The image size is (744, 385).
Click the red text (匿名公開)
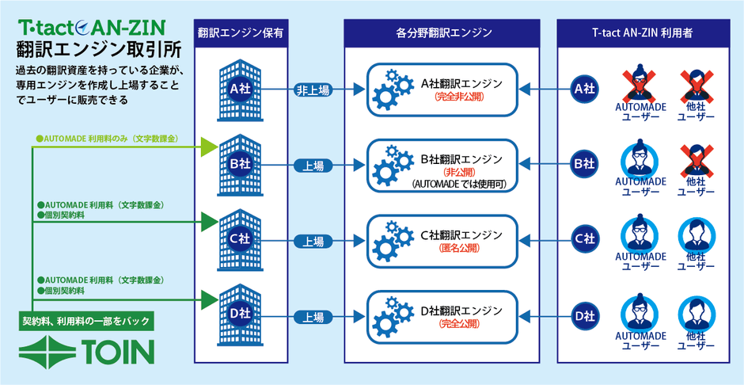[461, 248]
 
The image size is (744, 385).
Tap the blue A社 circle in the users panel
[583, 90]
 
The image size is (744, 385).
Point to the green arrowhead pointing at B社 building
[209, 145]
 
